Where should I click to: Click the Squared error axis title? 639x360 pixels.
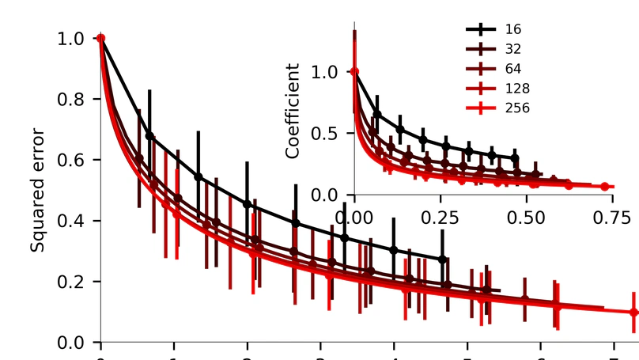pos(37,190)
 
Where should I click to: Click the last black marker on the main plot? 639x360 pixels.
pos(442,259)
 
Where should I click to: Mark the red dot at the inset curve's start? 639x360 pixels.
pos(354,72)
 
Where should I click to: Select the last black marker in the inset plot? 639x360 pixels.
pos(515,157)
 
